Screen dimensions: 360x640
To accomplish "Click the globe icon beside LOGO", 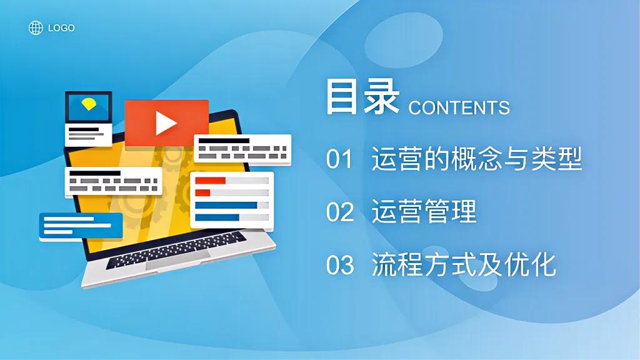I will point(36,27).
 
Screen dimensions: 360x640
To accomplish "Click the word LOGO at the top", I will point(61,28).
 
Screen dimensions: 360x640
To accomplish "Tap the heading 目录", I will point(362,97).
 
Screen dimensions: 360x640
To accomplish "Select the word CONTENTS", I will point(459,107).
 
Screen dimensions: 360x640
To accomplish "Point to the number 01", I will point(340,160).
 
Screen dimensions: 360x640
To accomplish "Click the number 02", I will point(340,213).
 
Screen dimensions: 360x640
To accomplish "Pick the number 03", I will point(340,266).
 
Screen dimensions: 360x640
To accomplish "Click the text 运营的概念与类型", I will point(476,159).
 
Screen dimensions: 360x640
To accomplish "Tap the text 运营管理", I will point(424,212).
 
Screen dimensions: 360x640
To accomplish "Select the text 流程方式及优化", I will point(463,265).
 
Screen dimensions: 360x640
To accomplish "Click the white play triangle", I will point(166,122).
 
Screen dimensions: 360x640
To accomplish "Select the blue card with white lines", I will point(80,226).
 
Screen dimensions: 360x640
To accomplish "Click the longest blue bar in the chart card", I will point(226,205).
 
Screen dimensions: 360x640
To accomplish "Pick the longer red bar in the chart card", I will point(210,181).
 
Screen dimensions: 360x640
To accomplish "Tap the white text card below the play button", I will point(242,149).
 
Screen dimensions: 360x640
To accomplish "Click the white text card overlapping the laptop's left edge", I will point(112,181).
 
